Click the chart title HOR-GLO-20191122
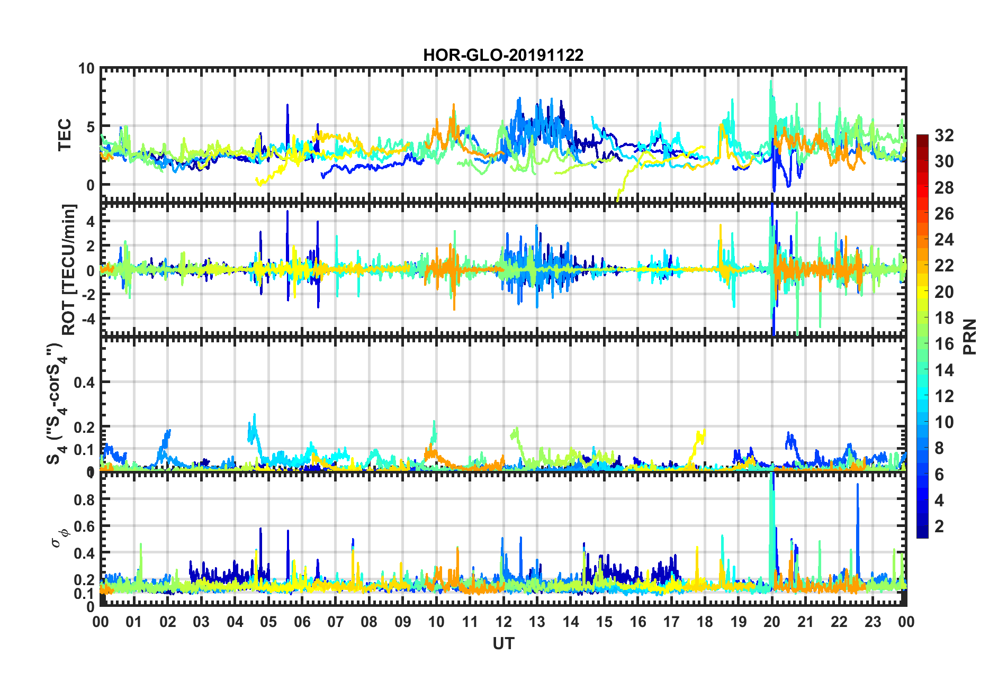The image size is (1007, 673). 503,55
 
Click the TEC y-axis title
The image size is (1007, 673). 64,135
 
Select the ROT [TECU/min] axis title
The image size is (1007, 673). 69,270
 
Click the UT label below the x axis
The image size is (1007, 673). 503,643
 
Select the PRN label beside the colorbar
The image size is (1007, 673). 969,337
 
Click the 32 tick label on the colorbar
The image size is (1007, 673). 944,135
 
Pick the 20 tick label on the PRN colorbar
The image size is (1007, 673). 944,292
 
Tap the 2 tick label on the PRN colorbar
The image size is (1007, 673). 940,526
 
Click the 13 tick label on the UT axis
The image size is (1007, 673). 537,622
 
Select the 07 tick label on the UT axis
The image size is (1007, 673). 336,622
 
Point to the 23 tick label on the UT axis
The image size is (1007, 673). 873,622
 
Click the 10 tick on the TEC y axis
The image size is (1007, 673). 86,69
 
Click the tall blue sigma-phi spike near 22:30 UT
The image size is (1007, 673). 858,487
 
